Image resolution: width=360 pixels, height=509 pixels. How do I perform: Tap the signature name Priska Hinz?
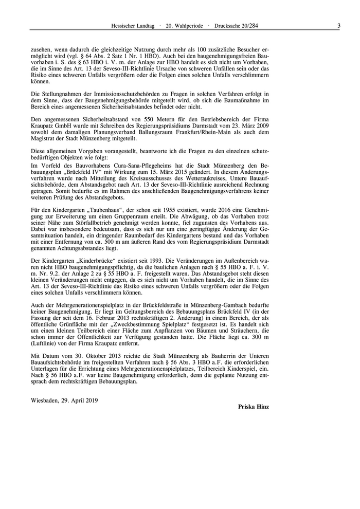click(x=254, y=406)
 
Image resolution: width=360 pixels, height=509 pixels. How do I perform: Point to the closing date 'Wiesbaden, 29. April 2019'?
click(x=64, y=399)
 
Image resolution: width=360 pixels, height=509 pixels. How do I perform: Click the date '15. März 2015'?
click(x=169, y=171)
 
